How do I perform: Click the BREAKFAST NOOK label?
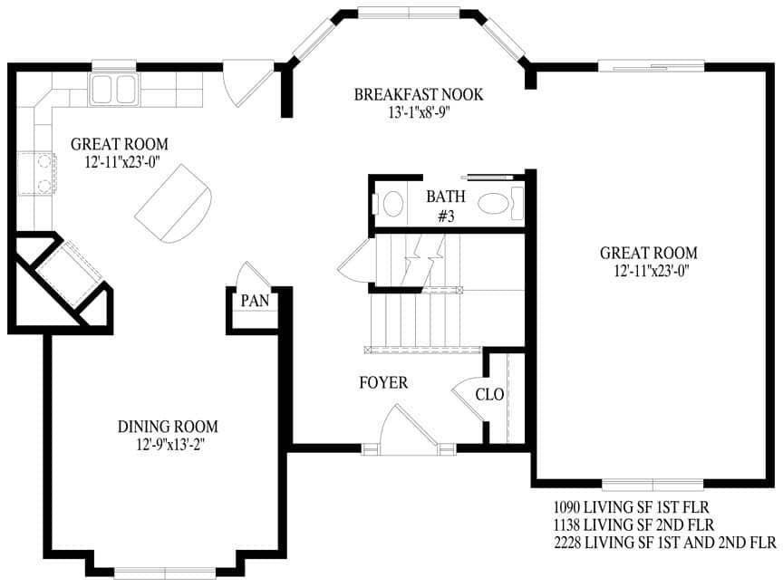(x=418, y=94)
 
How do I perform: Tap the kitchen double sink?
(x=112, y=89)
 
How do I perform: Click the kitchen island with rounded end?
(x=174, y=203)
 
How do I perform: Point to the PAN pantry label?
(x=252, y=301)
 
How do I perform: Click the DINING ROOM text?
(x=168, y=426)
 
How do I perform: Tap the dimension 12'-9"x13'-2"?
(x=168, y=444)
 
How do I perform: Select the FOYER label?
(x=382, y=383)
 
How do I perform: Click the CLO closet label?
(x=489, y=394)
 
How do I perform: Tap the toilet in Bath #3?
(x=392, y=203)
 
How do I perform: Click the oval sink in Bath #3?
(x=495, y=203)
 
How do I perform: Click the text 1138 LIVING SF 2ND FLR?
(x=633, y=524)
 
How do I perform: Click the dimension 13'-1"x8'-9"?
(x=418, y=112)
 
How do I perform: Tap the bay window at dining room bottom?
(x=164, y=571)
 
